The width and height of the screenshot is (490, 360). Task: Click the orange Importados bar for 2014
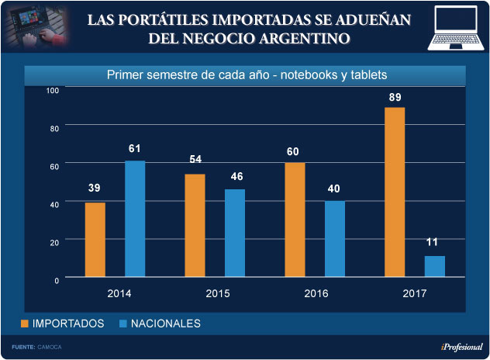(95, 239)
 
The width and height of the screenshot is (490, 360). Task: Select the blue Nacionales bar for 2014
(135, 218)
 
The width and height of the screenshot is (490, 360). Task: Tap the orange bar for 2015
(195, 225)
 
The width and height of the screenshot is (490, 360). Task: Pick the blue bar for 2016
(335, 238)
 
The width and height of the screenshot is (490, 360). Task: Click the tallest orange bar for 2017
(395, 192)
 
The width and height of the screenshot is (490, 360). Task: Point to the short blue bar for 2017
(435, 266)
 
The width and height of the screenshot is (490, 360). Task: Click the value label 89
(395, 96)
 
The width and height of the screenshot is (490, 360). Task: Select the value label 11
(433, 243)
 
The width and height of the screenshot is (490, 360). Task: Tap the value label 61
(135, 148)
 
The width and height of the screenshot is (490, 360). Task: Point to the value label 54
(195, 160)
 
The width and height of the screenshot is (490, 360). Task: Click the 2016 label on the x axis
(316, 293)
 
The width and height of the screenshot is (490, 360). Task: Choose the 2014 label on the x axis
(118, 293)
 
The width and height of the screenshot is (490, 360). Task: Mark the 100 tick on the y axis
(53, 91)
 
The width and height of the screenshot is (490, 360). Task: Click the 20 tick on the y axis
(55, 242)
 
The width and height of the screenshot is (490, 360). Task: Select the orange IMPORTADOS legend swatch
(24, 323)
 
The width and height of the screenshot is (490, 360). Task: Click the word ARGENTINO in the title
(302, 37)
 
